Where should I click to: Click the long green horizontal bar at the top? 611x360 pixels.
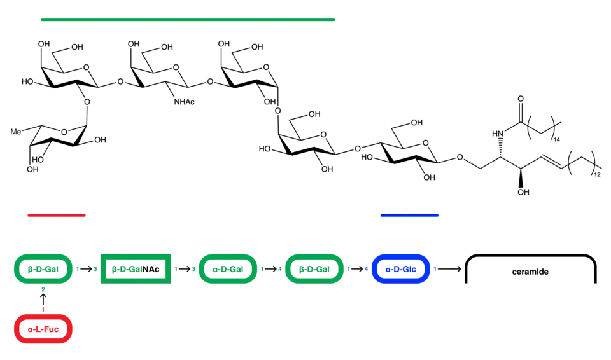pyautogui.click(x=186, y=20)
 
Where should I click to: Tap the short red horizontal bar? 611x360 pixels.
pyautogui.click(x=56, y=216)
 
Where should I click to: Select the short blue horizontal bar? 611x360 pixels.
pyautogui.click(x=409, y=216)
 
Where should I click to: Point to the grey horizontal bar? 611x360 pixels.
pyautogui.click(x=530, y=252)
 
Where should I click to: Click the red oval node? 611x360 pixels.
pyautogui.click(x=43, y=329)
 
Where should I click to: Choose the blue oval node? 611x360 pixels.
pyautogui.click(x=401, y=269)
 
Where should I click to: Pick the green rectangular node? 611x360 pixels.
pyautogui.click(x=135, y=269)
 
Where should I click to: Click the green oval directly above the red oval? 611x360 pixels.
pyautogui.click(x=43, y=269)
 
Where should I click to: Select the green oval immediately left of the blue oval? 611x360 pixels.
pyautogui.click(x=315, y=269)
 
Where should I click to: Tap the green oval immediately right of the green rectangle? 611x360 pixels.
pyautogui.click(x=228, y=269)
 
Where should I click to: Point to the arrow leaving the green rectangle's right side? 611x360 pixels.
pyautogui.click(x=185, y=269)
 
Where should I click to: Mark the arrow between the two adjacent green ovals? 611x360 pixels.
pyautogui.click(x=272, y=269)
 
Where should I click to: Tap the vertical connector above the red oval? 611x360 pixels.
pyautogui.click(x=43, y=299)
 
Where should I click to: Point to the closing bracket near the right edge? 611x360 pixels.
pyautogui.click(x=598, y=275)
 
